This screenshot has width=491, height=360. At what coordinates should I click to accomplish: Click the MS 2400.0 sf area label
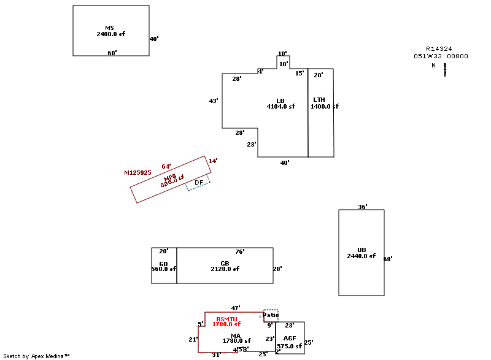coord(110,31)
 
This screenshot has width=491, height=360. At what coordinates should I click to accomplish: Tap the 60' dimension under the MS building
coord(112,53)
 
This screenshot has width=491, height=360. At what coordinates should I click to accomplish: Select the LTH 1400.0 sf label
coord(323,103)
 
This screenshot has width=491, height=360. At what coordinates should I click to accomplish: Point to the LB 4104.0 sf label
coord(280,104)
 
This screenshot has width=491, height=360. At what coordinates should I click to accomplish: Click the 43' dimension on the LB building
coord(214,101)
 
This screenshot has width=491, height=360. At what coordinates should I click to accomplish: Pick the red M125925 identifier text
coord(137,173)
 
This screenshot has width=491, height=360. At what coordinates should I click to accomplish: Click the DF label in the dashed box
coord(199,183)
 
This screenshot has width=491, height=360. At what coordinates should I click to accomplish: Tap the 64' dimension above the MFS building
coord(166,166)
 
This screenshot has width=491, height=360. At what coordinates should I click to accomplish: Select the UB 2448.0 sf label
coord(361,253)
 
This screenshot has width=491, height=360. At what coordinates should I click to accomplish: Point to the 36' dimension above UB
coord(363,207)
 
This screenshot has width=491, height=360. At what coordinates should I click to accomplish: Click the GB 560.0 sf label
coord(164,266)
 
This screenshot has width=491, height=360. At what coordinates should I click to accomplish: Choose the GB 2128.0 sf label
coord(225,266)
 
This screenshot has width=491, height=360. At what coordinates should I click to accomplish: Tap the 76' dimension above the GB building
coord(240,251)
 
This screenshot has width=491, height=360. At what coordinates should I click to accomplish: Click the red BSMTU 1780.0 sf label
coord(226,321)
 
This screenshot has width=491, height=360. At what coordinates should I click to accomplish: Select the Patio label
coord(271,315)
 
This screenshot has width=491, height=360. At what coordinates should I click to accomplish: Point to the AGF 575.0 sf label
coord(290,342)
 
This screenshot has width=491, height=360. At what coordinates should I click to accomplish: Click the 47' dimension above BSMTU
coord(236,308)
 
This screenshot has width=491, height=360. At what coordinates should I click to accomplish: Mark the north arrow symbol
coord(445,69)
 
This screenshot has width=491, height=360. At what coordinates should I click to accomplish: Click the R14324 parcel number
coord(439,48)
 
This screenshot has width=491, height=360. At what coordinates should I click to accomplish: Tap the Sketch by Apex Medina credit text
coord(36,356)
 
